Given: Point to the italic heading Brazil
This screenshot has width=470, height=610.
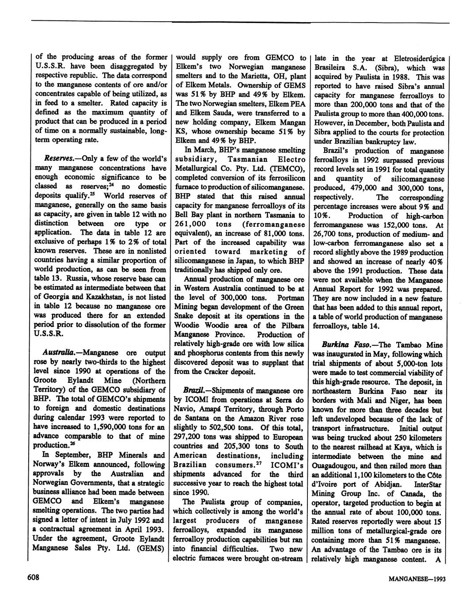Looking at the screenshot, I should tap(194, 391).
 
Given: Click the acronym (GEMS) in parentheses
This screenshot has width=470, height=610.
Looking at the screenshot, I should tap(150, 548).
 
